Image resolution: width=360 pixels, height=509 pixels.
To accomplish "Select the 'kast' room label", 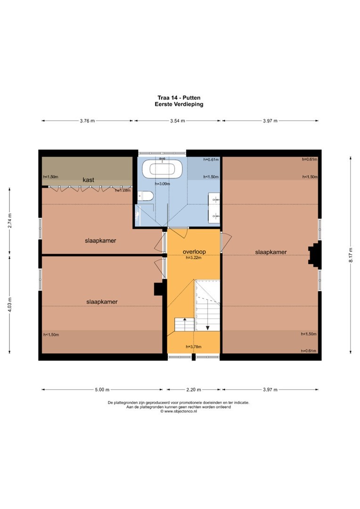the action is point(88,180).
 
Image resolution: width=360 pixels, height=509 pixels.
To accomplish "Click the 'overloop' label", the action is point(194,252).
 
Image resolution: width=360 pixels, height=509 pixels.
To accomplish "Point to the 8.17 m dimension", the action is point(351,255).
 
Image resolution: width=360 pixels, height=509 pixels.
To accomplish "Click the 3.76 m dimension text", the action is point(87,121).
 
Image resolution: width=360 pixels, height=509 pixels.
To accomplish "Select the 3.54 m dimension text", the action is point(178,121).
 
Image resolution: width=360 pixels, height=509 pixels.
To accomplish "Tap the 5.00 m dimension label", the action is point(102,390).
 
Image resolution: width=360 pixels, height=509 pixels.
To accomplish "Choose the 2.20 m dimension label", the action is point(194,390).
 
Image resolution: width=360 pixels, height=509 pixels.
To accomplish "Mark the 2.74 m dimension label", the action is point(10,221).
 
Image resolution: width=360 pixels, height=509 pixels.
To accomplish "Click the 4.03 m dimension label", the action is point(10,305).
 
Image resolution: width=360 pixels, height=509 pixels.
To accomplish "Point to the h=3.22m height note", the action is point(194,258).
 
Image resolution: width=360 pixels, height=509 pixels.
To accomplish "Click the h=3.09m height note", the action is point(162,184).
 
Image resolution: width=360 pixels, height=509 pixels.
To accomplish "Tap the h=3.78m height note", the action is point(194,347).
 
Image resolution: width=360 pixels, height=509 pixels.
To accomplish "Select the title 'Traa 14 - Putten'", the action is point(179,98).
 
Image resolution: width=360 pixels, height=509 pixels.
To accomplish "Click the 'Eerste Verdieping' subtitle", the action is point(179,104).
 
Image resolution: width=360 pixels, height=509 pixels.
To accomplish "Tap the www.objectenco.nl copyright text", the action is point(179,411).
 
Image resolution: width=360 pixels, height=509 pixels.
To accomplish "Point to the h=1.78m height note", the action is point(123,190).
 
